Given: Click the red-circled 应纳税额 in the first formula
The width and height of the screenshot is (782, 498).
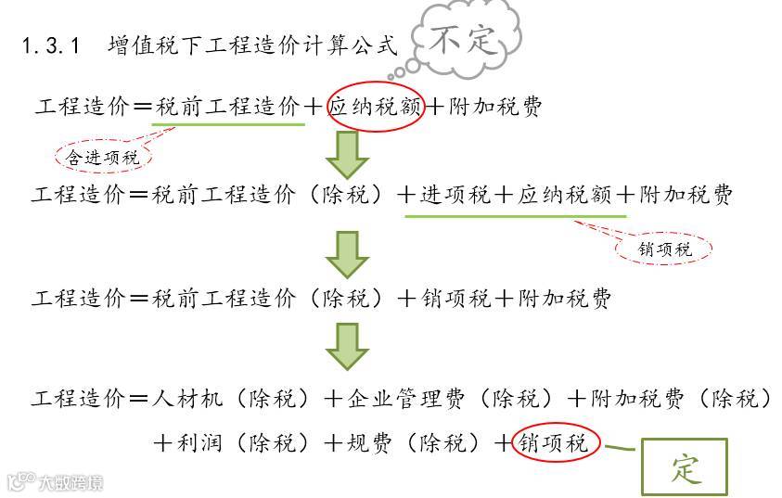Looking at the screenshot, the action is (375, 107).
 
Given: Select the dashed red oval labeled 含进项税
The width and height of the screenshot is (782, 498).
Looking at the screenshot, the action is (103, 158).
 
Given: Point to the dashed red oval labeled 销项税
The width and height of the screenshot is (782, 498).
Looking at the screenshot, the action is (665, 249).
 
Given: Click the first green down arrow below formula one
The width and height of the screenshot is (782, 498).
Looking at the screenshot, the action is (347, 155).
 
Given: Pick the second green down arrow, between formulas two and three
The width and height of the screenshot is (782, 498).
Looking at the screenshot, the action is (347, 254).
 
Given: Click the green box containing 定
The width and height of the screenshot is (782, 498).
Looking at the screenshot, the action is (685, 467).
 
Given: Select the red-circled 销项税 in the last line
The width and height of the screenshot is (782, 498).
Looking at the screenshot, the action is (555, 443).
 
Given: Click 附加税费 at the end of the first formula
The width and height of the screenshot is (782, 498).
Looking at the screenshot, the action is (495, 108).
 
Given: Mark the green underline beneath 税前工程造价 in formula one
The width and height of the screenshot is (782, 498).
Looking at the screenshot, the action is (229, 124).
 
